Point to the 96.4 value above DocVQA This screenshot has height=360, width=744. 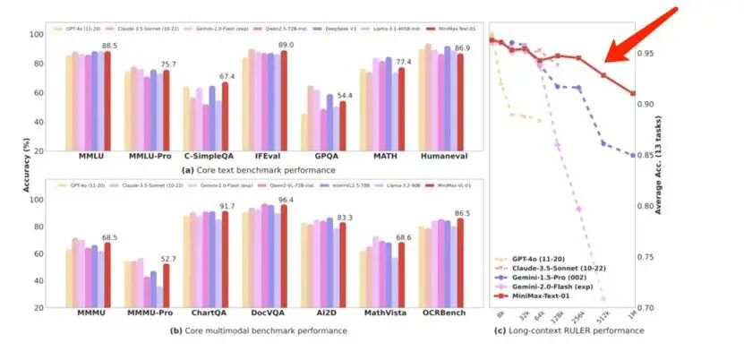[286, 199]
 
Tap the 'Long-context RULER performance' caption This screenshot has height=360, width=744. [577, 331]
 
